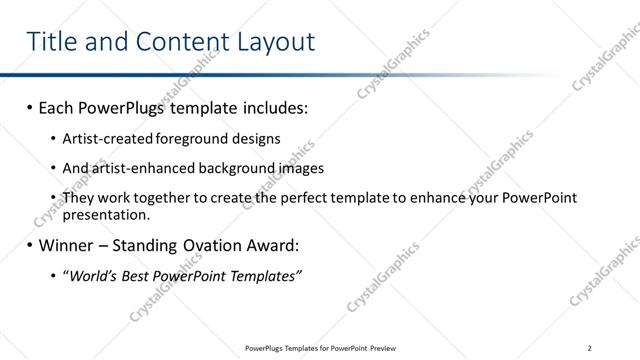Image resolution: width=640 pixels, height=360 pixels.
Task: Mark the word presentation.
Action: coord(106,214)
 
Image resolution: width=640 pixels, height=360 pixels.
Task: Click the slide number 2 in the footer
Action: coord(591,348)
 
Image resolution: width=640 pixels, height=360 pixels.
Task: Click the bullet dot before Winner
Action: coord(30,245)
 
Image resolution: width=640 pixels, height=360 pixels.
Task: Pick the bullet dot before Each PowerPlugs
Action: coord(30,106)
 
